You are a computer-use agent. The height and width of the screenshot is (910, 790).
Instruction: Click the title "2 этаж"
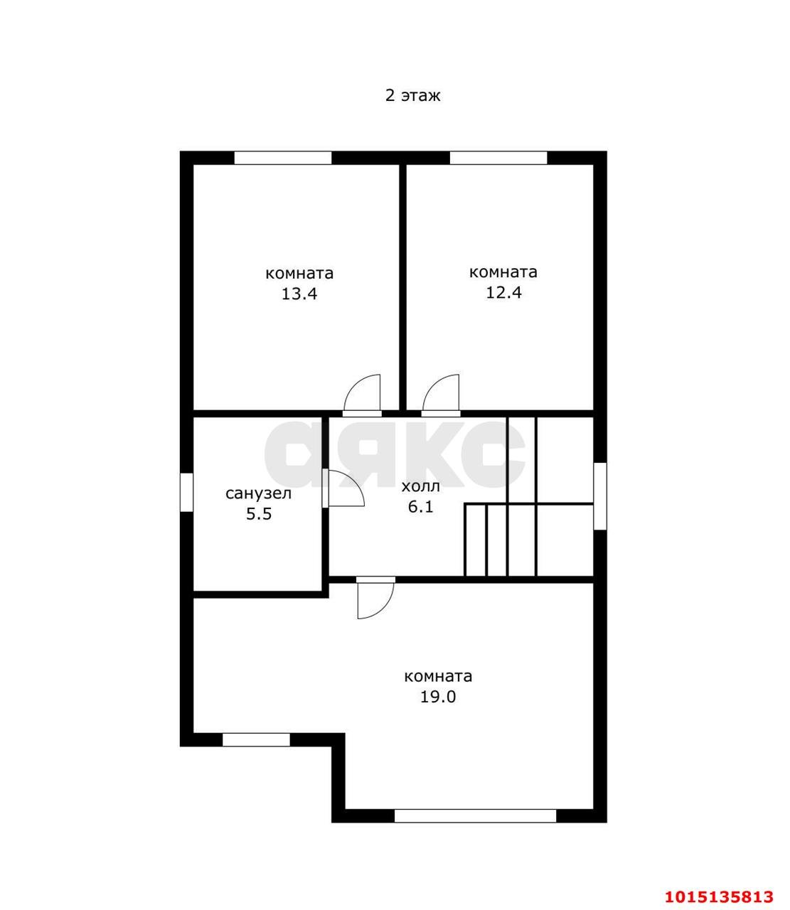pos(412,96)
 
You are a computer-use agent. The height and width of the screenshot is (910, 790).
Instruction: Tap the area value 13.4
pos(299,294)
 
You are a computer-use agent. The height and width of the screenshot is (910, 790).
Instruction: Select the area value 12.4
pos(503,293)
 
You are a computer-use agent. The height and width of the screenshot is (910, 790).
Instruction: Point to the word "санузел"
pos(258,493)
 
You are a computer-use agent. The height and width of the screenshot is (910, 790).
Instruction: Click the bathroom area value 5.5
pos(258,514)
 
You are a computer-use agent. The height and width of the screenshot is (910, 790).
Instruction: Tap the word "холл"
pos(420,486)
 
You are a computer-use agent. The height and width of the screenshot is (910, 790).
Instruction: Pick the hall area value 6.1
pos(420,507)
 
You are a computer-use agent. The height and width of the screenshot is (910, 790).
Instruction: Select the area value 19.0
pos(438,697)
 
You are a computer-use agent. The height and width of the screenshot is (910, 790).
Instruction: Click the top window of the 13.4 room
pos(283,158)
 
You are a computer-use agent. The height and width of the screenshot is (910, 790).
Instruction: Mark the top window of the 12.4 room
pos(498,158)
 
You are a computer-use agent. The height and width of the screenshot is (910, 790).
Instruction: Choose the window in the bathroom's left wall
pos(186,493)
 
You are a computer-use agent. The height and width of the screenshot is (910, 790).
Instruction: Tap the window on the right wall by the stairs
pos(600,496)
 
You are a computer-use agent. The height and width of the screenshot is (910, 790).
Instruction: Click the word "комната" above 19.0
pos(438,677)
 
